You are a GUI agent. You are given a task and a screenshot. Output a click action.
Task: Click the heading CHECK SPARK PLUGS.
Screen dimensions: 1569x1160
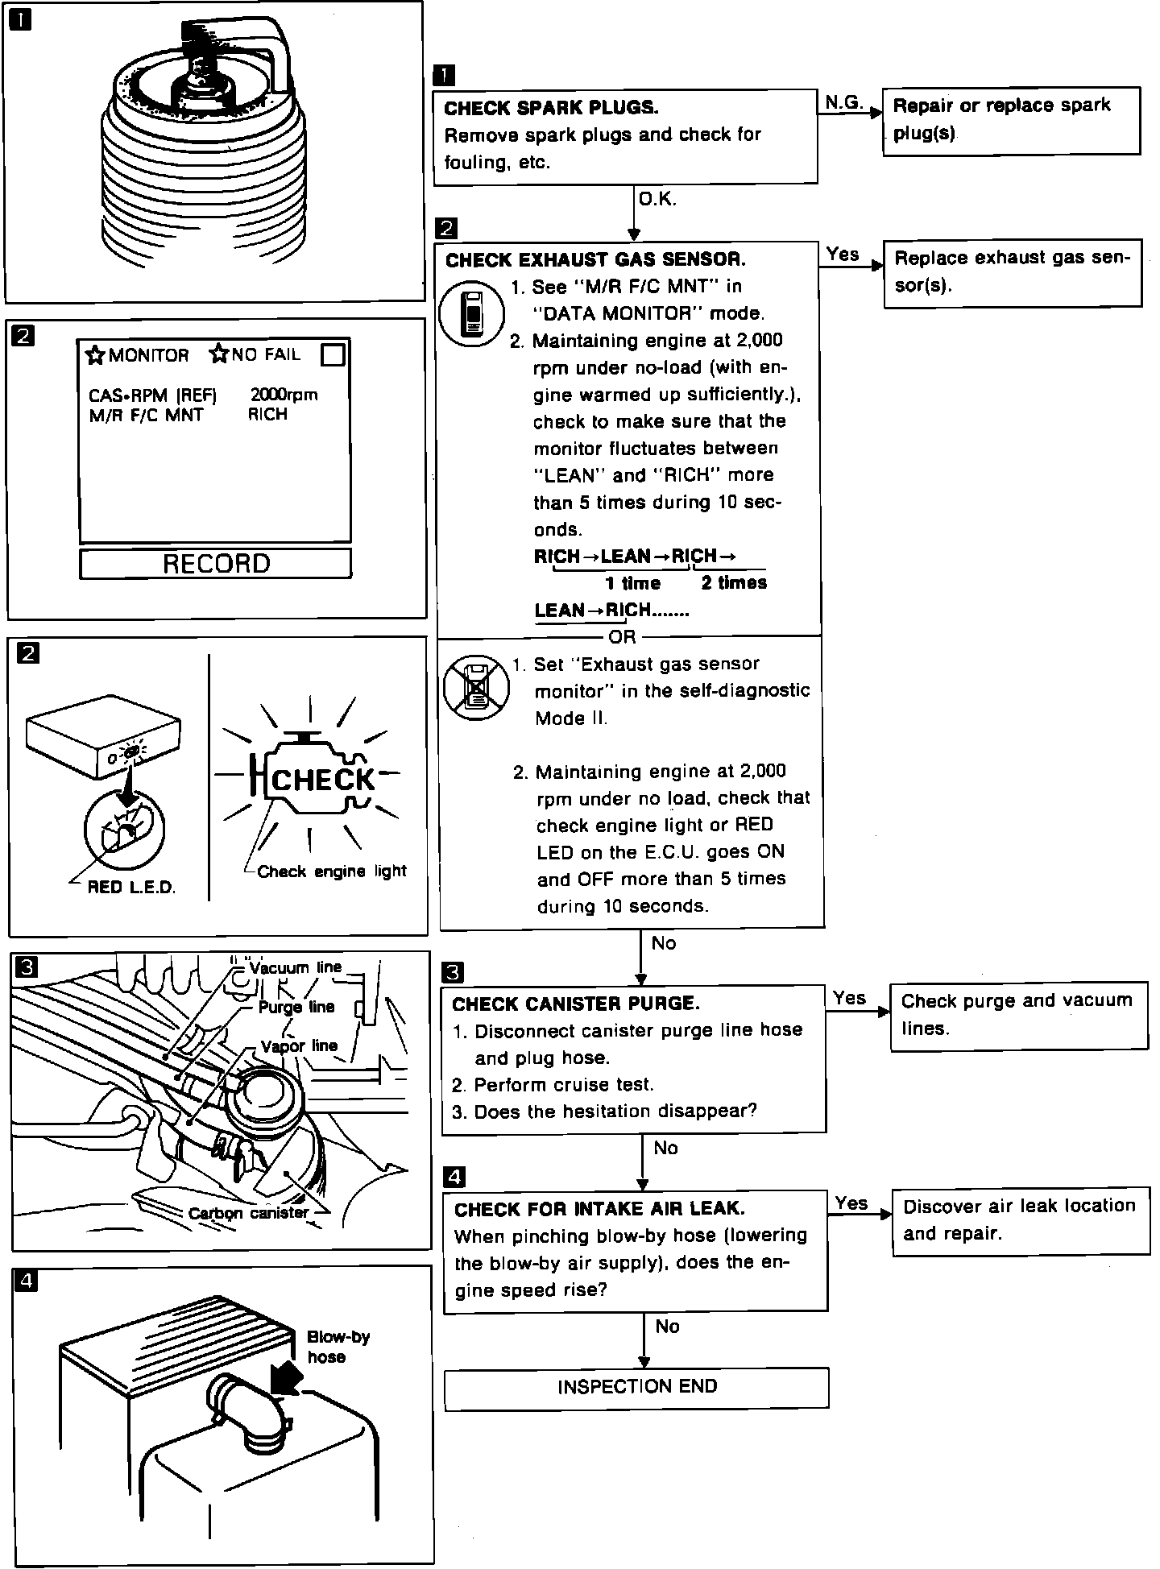pyautogui.click(x=551, y=108)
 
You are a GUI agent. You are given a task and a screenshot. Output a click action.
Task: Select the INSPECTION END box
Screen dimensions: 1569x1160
pyautogui.click(x=636, y=1387)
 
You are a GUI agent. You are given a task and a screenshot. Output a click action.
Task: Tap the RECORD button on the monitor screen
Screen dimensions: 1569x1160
pyautogui.click(x=216, y=563)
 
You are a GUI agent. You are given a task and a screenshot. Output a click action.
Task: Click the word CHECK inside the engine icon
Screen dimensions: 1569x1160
pyautogui.click(x=323, y=780)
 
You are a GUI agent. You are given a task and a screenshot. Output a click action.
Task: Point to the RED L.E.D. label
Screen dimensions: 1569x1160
pyautogui.click(x=131, y=888)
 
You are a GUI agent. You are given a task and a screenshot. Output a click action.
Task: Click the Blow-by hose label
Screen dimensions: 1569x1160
pyautogui.click(x=338, y=1347)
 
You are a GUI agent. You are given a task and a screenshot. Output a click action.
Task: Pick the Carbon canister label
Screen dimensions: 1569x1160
pyautogui.click(x=248, y=1213)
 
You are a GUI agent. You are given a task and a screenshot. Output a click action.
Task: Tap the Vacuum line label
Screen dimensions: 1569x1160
pyautogui.click(x=296, y=967)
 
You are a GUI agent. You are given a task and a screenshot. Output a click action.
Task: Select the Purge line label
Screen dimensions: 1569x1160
pyautogui.click(x=296, y=1007)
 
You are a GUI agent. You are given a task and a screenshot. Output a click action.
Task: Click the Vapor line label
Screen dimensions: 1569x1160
pyautogui.click(x=299, y=1046)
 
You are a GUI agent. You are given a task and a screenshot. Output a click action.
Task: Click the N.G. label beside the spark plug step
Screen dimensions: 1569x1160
pyautogui.click(x=843, y=102)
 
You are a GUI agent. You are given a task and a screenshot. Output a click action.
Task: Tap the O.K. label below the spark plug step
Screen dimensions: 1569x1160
pyautogui.click(x=657, y=199)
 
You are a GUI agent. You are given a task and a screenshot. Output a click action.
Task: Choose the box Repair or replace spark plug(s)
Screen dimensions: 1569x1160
pyautogui.click(x=1011, y=120)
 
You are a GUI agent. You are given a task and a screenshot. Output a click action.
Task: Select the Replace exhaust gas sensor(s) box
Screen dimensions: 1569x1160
pyautogui.click(x=1013, y=272)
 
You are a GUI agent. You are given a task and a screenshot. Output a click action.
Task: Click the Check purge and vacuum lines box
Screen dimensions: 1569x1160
pyautogui.click(x=1018, y=1015)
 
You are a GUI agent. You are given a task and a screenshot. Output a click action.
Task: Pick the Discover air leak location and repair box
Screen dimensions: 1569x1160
pyautogui.click(x=1021, y=1220)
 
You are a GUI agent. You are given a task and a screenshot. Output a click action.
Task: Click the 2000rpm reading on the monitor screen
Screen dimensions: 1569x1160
pyautogui.click(x=284, y=395)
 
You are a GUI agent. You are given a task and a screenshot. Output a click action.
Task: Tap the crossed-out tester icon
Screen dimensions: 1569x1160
pyautogui.click(x=476, y=686)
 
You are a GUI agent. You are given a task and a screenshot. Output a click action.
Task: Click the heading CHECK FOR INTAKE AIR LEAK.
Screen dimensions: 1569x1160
pyautogui.click(x=599, y=1209)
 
